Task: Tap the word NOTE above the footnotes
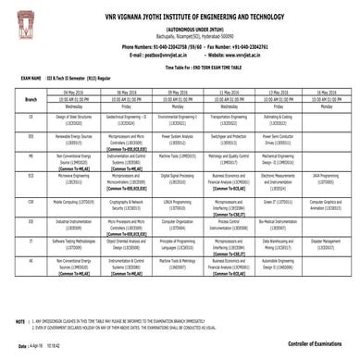pos(21,319)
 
